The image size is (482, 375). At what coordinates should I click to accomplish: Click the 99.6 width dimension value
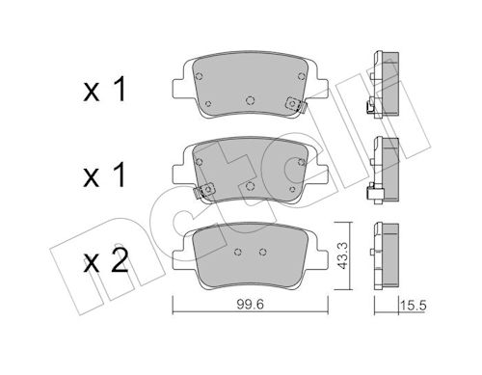[x=251, y=304]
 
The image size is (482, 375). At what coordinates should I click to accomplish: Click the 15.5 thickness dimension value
[x=413, y=306]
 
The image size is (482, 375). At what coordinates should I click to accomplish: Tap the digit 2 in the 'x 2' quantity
[x=120, y=261]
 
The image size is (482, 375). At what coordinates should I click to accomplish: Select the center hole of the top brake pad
[x=250, y=100]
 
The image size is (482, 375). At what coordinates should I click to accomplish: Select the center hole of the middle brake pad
[x=250, y=186]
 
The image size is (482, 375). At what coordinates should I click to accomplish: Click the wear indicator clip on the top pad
[x=296, y=105]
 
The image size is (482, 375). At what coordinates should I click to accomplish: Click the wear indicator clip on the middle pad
[x=204, y=191]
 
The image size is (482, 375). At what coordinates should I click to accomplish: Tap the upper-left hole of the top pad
[x=199, y=76]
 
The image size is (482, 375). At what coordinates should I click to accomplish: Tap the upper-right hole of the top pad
[x=301, y=76]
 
